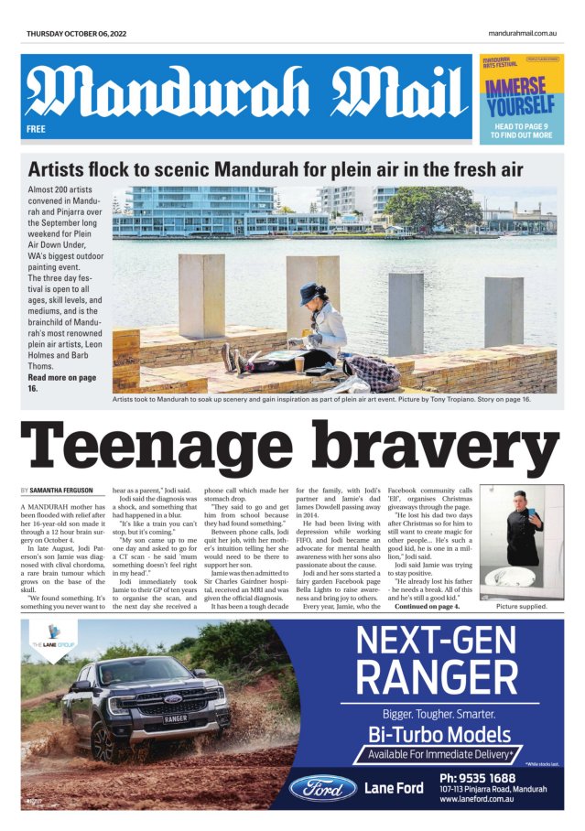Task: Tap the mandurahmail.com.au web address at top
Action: click(523, 33)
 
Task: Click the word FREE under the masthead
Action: click(36, 130)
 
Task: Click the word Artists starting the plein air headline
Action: click(59, 169)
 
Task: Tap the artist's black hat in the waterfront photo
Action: click(310, 294)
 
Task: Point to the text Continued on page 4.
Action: click(427, 607)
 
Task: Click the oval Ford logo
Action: click(323, 787)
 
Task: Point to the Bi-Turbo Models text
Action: click(439, 734)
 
